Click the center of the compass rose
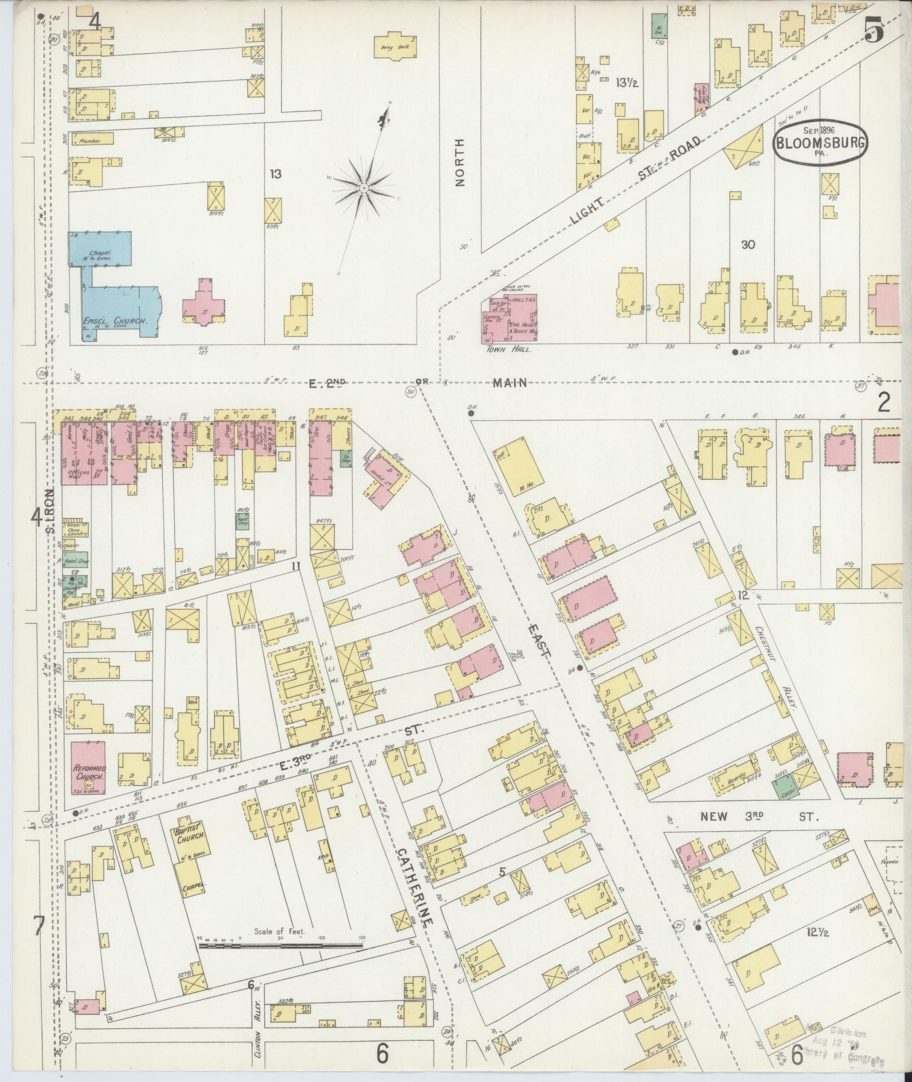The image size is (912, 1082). [x=364, y=187]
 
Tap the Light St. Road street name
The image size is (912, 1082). [x=639, y=181]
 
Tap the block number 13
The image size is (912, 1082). [x=275, y=174]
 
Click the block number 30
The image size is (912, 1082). [x=748, y=244]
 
